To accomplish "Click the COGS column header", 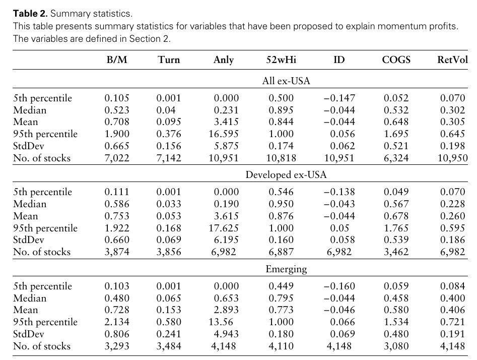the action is point(396,59).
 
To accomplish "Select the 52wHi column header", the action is point(281,59).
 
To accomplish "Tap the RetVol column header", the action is point(452,59).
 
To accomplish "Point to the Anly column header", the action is point(224,60).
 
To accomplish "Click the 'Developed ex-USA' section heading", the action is point(286,175).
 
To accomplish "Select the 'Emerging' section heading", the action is point(286,269).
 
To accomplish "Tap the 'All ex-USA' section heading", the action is point(286,81).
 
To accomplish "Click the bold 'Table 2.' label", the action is point(30,14).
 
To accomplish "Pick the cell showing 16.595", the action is point(224,134).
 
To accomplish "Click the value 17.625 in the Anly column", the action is point(224,228).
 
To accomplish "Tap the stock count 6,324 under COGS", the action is point(396,158).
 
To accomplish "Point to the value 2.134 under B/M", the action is point(117,322).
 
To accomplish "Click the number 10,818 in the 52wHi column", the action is point(281,158).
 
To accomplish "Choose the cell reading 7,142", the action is point(169,158).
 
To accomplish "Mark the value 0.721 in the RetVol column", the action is point(453,322).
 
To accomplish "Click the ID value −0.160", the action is point(339,286).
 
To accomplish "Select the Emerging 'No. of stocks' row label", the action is point(42,346).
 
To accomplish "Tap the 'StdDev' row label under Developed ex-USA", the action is point(29,240).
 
